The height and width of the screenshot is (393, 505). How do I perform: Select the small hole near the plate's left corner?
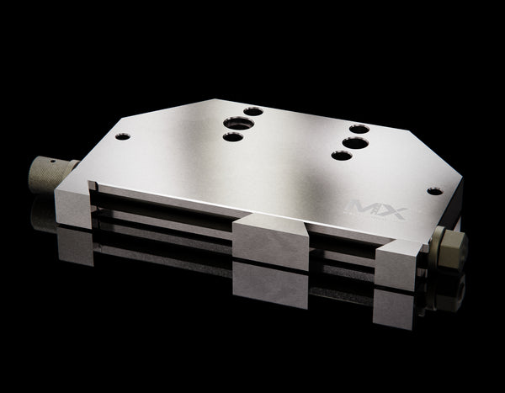point(123,136)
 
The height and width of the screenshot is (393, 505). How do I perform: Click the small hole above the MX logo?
point(434,191)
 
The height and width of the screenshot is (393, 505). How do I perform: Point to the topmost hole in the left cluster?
point(253,111)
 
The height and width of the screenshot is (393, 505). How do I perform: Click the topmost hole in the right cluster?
point(359,129)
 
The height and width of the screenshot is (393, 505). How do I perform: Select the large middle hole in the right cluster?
point(354,143)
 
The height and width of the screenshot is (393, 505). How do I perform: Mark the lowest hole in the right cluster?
point(340,156)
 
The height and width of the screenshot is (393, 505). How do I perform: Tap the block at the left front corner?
point(74,208)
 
